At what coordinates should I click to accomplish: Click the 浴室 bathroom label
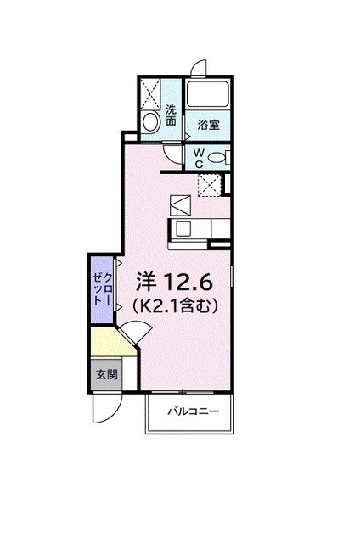[x=209, y=125]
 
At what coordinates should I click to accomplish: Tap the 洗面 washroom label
[x=172, y=115]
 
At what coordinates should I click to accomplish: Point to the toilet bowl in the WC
[x=217, y=156]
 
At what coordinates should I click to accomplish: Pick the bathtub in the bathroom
[x=209, y=95]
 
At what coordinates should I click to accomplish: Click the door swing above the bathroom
[x=199, y=69]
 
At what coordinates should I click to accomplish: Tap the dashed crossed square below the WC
[x=209, y=184]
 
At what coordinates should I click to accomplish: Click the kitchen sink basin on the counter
[x=184, y=228]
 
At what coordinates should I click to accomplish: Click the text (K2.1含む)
[x=177, y=304]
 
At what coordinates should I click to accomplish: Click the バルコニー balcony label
[x=193, y=411]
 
